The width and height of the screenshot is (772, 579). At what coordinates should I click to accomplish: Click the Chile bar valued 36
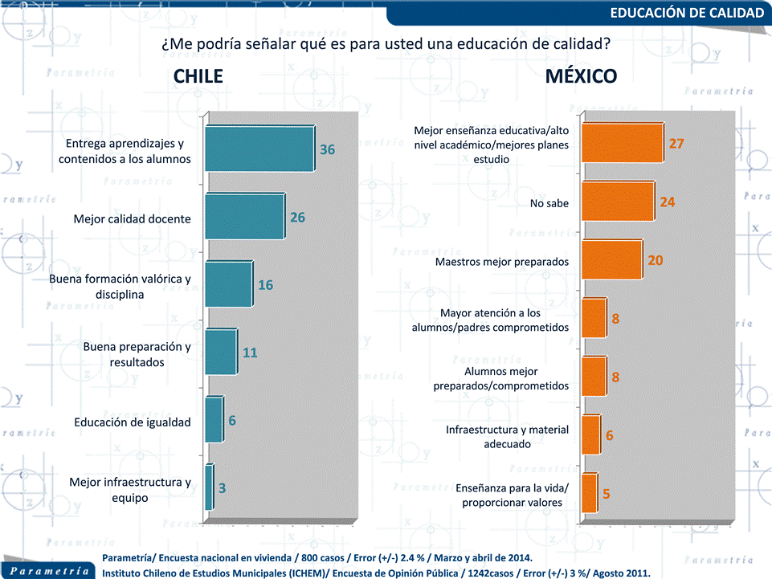tap(259, 149)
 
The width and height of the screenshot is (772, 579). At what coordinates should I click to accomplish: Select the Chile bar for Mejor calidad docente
tap(244, 217)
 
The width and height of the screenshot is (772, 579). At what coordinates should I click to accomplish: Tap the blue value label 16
tap(266, 285)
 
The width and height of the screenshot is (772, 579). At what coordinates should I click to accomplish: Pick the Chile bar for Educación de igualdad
tap(213, 420)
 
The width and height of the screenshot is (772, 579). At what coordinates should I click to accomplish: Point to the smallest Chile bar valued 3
tap(209, 487)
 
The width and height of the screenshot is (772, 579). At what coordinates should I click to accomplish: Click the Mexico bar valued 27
tap(622, 144)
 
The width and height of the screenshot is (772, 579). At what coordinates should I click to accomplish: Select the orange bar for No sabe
tap(617, 202)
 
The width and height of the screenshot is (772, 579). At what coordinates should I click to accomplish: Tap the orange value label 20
tap(655, 261)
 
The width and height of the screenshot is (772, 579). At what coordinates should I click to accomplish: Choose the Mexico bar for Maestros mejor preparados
tap(611, 260)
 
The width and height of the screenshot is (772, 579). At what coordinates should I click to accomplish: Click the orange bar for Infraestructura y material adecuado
tap(590, 434)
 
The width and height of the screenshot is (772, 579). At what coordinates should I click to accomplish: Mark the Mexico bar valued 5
tap(589, 493)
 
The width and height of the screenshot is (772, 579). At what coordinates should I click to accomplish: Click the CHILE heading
tap(198, 76)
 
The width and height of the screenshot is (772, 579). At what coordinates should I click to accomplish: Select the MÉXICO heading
tap(581, 76)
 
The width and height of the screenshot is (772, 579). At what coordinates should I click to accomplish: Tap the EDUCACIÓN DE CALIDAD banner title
tap(686, 13)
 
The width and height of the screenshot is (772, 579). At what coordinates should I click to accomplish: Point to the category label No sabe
tap(549, 203)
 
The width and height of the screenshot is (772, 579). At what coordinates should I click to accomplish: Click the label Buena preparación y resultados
tap(137, 354)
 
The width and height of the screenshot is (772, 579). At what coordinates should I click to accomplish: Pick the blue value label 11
tap(250, 353)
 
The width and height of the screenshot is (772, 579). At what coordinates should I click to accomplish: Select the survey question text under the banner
tap(386, 43)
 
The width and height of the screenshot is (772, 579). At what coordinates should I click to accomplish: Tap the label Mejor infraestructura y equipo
tap(130, 489)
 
